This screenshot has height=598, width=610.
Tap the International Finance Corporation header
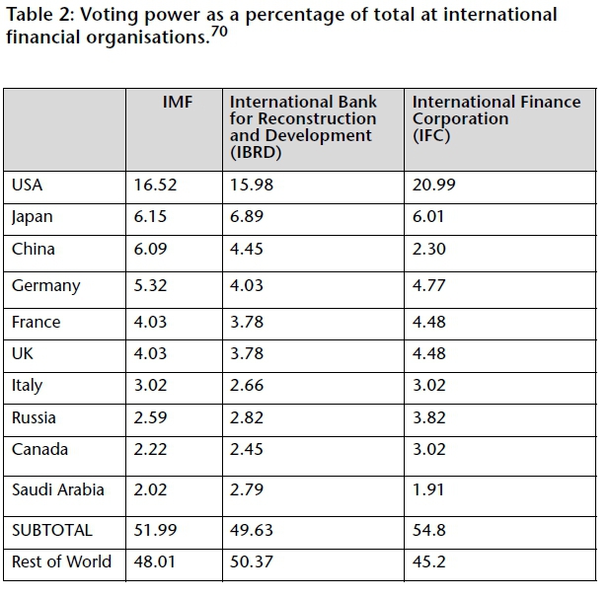(496, 118)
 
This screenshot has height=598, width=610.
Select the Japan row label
(32, 218)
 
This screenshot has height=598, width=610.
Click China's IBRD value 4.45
(247, 250)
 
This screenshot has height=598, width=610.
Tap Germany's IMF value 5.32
(151, 286)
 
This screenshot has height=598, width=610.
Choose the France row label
(36, 322)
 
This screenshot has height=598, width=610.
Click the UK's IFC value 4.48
(429, 353)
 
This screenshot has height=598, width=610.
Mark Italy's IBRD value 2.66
(247, 386)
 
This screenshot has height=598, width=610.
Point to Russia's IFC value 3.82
(429, 418)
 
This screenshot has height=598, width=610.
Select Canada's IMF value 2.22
(151, 450)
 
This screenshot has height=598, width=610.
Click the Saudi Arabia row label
(57, 490)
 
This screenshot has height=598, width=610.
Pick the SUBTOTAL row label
(52, 530)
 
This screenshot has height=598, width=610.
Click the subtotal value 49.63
(251, 530)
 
